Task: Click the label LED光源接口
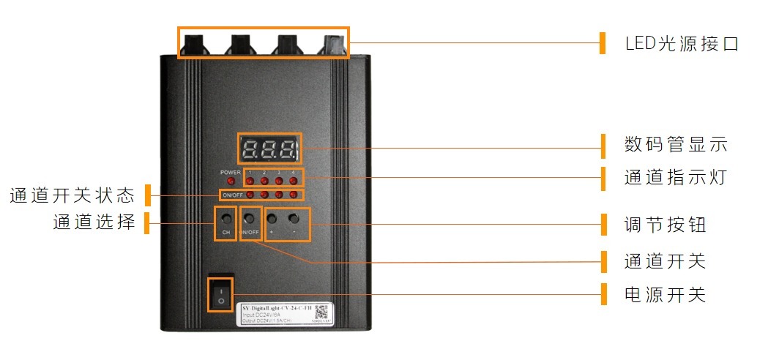(x=682, y=43)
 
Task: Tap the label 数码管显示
(x=675, y=144)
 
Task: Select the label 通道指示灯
(x=675, y=177)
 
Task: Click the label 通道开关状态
(x=72, y=195)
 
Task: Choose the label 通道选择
(x=94, y=222)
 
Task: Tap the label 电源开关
(x=665, y=295)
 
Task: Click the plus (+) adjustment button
(x=272, y=219)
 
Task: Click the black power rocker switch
(x=220, y=295)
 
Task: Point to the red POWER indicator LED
(x=230, y=181)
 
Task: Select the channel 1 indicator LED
(x=250, y=181)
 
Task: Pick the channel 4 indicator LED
(x=294, y=181)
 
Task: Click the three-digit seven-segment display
(x=269, y=149)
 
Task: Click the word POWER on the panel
(x=230, y=172)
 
